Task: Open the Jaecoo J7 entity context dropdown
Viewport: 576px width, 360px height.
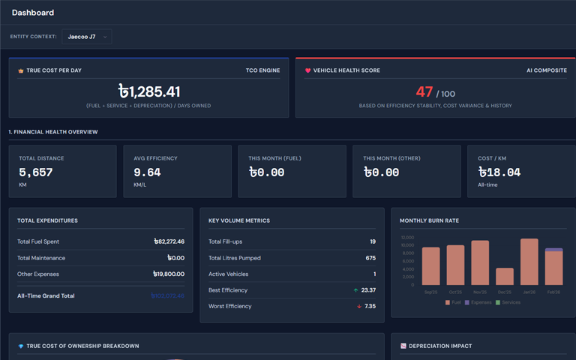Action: (x=87, y=36)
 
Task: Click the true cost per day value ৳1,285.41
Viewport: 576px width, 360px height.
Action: (x=149, y=91)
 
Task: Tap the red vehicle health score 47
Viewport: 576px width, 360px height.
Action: (x=424, y=92)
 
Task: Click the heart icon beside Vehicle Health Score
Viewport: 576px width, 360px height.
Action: (x=307, y=70)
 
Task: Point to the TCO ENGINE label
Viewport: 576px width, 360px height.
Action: (x=262, y=70)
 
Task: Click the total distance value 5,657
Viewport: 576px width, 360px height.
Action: (x=35, y=172)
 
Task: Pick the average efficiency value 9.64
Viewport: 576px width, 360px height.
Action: (x=147, y=172)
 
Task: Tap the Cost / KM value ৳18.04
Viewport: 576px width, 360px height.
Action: (x=499, y=172)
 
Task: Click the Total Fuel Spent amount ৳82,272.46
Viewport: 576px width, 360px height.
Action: (x=169, y=241)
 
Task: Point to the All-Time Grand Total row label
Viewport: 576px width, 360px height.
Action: (x=46, y=295)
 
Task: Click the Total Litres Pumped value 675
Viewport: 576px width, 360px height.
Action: (x=370, y=258)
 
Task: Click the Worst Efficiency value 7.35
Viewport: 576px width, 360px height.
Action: (x=370, y=306)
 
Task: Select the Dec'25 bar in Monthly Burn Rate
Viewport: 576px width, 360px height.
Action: (x=505, y=276)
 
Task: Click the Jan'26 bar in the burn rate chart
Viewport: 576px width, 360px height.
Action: (x=529, y=262)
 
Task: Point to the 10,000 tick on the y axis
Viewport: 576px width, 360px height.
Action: (x=407, y=245)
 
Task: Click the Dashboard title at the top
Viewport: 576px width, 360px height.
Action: (x=33, y=13)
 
